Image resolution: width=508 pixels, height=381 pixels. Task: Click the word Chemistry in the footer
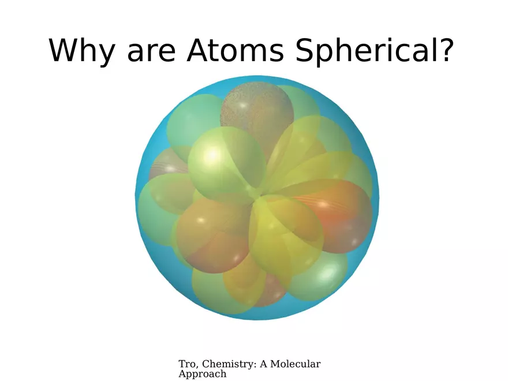pyautogui.click(x=226, y=364)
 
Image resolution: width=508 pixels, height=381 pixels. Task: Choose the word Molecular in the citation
pyautogui.click(x=296, y=364)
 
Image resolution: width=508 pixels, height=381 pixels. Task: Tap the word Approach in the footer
pyautogui.click(x=202, y=374)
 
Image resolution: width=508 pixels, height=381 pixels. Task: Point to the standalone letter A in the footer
pyautogui.click(x=264, y=364)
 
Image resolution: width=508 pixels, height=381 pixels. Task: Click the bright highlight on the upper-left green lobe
pyautogui.click(x=212, y=154)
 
